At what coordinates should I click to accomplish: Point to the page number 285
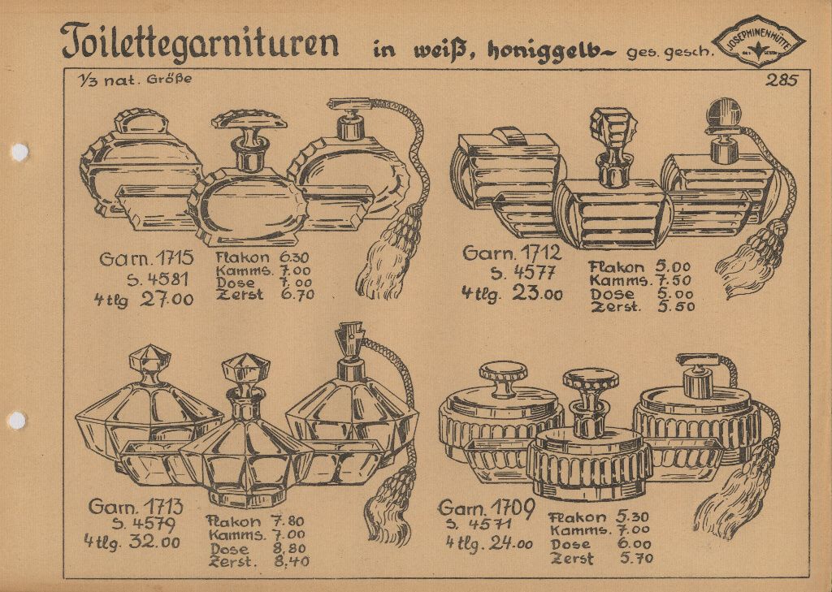pos(782,80)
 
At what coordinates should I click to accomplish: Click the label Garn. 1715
pos(146,259)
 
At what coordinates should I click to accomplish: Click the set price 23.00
pos(537,293)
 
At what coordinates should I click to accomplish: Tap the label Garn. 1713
pos(136,507)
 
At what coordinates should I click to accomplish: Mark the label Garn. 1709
pos(486,508)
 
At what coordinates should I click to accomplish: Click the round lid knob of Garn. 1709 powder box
pos(503,375)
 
